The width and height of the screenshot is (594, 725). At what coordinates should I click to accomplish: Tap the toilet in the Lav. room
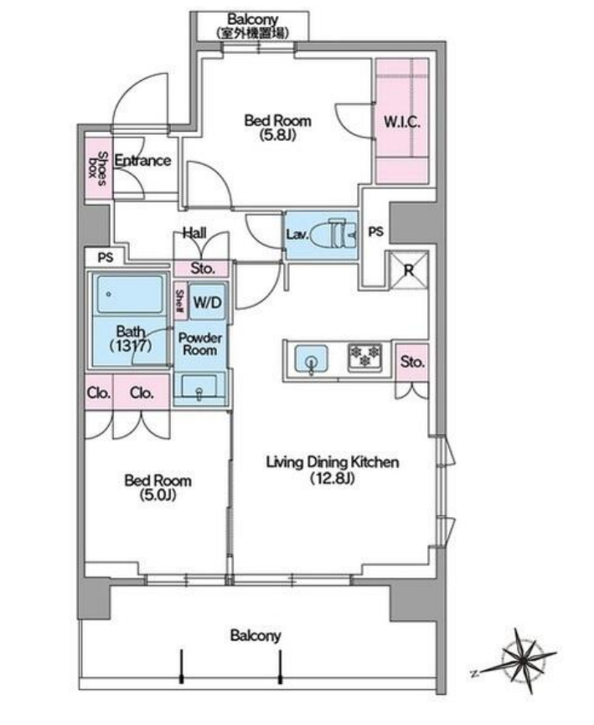pos(332,234)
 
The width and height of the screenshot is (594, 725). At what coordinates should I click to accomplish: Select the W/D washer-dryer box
pos(207,302)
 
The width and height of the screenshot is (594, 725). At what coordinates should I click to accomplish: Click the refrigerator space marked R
pos(409,270)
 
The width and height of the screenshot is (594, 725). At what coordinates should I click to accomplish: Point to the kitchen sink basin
pos(312,357)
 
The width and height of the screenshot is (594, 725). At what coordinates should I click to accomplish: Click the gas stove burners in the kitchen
pos(365,357)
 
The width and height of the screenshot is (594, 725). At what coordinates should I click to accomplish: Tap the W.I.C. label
pos(402,122)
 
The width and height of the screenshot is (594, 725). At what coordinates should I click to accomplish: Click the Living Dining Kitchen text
pos(332,462)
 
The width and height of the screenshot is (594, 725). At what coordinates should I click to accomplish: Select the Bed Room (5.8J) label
pos(277,127)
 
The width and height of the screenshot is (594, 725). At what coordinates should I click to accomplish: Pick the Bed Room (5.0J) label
pos(158,488)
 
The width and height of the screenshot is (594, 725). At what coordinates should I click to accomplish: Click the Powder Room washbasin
pos(199,387)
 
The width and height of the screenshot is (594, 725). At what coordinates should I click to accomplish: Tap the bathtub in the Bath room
pos(130,295)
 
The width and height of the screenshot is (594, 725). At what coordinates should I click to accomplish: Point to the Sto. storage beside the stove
pos(412,362)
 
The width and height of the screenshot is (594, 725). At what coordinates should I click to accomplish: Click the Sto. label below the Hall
pos(203,268)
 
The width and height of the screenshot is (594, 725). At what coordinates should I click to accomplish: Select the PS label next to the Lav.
pos(375,231)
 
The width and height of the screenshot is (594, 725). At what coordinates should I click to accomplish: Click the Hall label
pos(194,233)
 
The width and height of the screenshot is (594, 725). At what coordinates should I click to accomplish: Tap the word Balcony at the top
pos(252,19)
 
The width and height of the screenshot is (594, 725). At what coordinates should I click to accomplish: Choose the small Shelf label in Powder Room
pos(179,301)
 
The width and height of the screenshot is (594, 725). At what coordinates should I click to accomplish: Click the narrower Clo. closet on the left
pos(99,392)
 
